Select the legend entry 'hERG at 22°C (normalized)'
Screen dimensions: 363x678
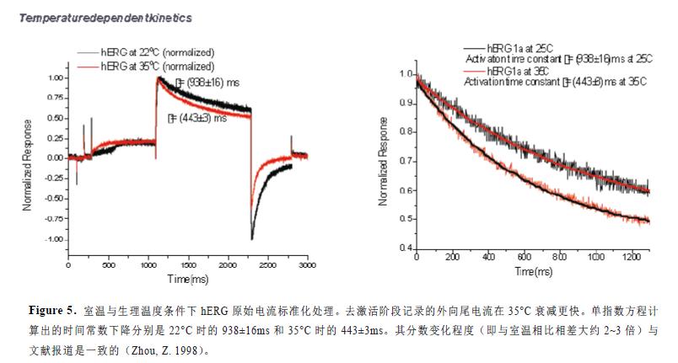[157, 53]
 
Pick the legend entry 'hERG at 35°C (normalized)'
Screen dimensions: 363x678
[157, 65]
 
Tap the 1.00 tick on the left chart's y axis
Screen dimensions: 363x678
[55, 77]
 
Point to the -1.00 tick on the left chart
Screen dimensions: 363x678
[53, 239]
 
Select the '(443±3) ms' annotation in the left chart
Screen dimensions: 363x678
[200, 119]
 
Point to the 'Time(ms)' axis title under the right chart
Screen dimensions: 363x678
[534, 272]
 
